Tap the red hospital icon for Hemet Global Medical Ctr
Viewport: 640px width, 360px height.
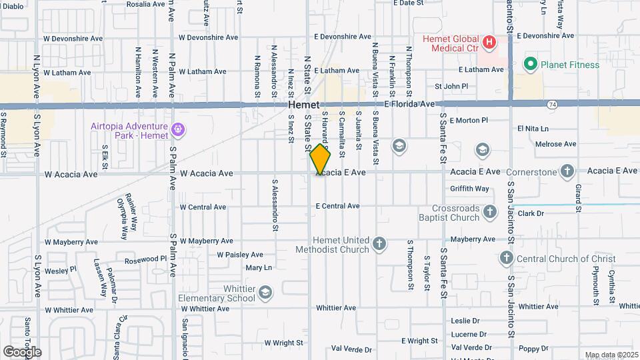pyautogui.click(x=490, y=43)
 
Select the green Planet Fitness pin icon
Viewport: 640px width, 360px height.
pyautogui.click(x=531, y=65)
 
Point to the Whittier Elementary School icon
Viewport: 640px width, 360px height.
pyautogui.click(x=265, y=293)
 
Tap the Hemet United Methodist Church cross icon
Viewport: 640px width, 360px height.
pyautogui.click(x=379, y=244)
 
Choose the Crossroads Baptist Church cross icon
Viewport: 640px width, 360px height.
pyautogui.click(x=490, y=212)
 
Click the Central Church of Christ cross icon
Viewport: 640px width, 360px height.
pyautogui.click(x=506, y=258)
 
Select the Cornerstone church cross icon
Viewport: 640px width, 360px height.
pyautogui.click(x=567, y=171)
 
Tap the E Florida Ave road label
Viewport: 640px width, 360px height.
pyautogui.click(x=410, y=105)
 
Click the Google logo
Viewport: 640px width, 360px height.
pyautogui.click(x=22, y=352)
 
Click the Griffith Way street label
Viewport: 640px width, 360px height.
pyautogui.click(x=469, y=189)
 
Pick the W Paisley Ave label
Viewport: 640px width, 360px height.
pyautogui.click(x=240, y=255)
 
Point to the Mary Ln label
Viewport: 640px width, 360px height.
pyautogui.click(x=259, y=268)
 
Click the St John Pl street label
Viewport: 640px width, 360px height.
pyautogui.click(x=451, y=87)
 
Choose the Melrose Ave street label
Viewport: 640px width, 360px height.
pyautogui.click(x=555, y=144)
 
